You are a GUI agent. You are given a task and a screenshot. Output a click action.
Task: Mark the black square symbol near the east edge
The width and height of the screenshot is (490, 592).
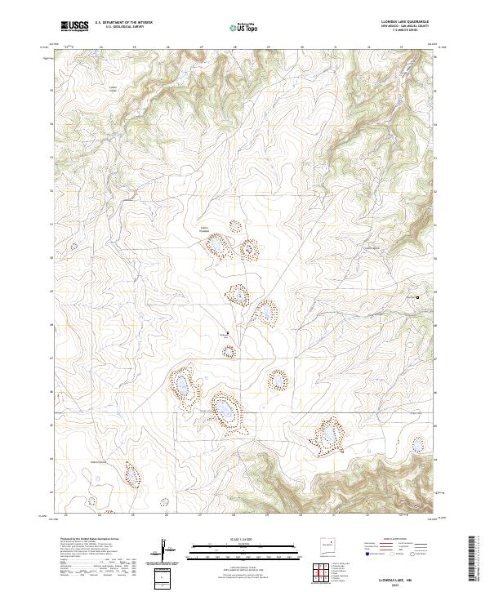[x=418, y=297]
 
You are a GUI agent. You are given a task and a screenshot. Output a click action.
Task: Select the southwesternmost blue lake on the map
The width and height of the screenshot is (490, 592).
[x=130, y=474]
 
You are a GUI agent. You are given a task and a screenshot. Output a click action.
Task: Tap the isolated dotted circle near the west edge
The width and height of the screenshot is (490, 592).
[x=75, y=246]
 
